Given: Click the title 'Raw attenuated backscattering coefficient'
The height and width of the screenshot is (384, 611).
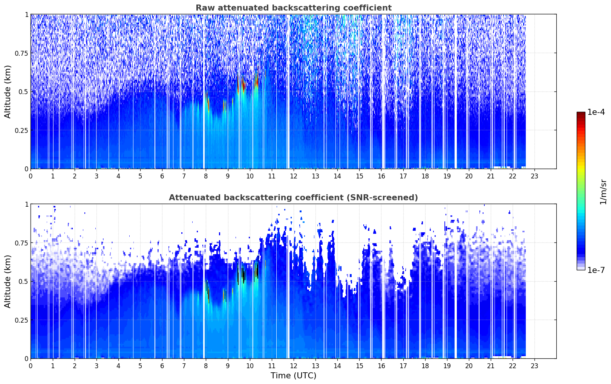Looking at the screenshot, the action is coord(294,8).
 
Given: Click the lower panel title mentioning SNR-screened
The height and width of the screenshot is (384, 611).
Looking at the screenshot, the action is coord(293,197).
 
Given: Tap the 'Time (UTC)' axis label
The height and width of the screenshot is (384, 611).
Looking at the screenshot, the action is coord(294,376).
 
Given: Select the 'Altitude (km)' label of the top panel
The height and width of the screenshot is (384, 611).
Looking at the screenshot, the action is coord(8,92).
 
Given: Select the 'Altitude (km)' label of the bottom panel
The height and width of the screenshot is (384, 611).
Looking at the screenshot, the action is coord(8,281).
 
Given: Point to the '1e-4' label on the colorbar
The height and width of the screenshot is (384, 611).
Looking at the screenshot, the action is coord(596,112).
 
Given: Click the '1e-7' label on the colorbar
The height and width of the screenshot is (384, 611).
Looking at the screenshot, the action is coord(596,270).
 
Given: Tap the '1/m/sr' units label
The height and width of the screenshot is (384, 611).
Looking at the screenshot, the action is coord(603,192).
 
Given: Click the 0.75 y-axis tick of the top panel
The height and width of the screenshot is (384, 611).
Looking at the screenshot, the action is coord(21,53).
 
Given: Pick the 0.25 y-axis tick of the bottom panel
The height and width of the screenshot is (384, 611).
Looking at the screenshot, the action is coord(21,320).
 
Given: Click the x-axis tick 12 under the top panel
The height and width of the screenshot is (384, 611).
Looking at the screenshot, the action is coord(294,176).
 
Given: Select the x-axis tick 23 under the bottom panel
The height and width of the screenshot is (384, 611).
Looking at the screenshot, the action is coord(534,366).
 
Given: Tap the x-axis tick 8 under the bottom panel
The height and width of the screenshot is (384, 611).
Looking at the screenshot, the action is coord(206,366).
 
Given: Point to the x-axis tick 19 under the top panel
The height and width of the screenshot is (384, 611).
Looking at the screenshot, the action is coord(447,176).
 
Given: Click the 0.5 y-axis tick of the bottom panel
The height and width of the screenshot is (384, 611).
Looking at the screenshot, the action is coord(23,281).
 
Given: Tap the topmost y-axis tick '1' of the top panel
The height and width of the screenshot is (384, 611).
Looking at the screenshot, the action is coord(26,14).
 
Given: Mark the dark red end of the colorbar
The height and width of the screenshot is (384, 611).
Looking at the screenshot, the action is coord(581,113).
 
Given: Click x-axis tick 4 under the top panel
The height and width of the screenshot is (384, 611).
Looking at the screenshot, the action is coord(118,176).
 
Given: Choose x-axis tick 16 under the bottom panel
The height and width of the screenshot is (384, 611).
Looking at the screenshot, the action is coord(381,366).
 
